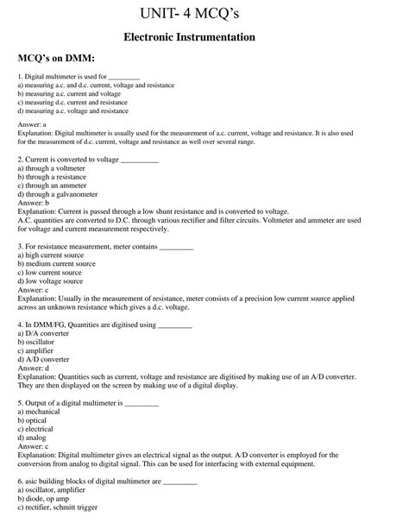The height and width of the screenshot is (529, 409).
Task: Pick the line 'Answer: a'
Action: point(32,125)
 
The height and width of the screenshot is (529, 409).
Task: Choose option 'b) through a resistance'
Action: point(53,177)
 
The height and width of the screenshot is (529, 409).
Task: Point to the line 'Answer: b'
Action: point(33,203)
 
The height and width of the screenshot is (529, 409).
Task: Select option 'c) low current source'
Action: point(51,272)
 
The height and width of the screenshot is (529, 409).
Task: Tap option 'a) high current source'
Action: point(52,255)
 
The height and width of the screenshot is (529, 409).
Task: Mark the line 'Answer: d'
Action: point(33,368)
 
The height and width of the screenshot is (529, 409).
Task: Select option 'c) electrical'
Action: point(40,429)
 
